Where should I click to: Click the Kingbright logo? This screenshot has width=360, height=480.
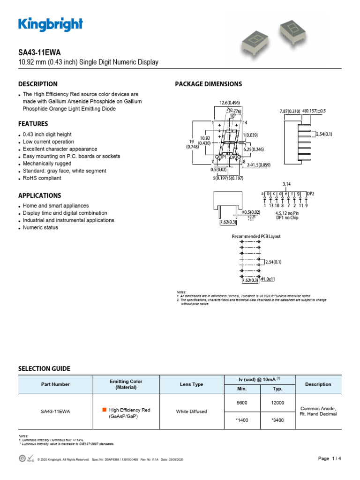click(51, 24)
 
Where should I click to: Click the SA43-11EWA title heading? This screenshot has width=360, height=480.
click(39, 52)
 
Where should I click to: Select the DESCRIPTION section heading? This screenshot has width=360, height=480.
click(37, 84)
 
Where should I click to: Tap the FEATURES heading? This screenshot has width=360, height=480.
click(33, 124)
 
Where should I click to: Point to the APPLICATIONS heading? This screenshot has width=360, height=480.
click(39, 195)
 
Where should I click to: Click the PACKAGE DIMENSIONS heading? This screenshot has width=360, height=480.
click(208, 84)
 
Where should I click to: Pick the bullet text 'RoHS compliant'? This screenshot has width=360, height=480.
click(42, 178)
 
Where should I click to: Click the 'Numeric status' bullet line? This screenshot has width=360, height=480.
click(40, 227)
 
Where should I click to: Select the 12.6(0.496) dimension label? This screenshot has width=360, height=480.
click(230, 103)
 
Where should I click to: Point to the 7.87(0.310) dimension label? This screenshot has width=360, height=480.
click(289, 111)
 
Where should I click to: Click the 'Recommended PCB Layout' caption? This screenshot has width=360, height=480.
click(256, 236)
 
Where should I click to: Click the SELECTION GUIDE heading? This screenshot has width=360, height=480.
click(44, 369)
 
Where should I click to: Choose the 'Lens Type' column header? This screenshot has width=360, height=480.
click(191, 384)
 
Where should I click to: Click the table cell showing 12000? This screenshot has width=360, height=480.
click(277, 403)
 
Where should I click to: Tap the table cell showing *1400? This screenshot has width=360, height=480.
click(242, 420)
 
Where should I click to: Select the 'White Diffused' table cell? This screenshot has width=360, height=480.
click(191, 412)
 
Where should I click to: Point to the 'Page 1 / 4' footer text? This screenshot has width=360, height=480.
click(330, 458)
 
